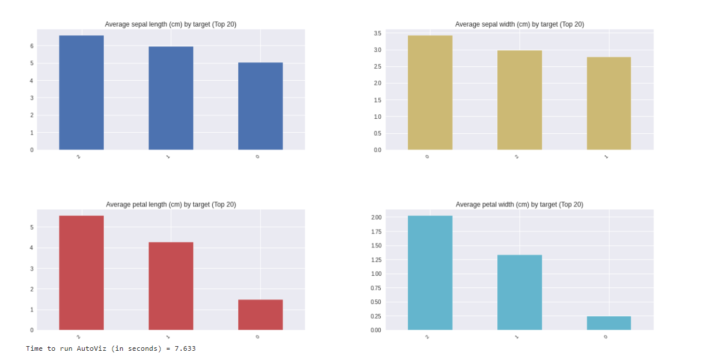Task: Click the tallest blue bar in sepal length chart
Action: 81,92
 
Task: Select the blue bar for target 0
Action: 260,106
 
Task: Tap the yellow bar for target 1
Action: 609,103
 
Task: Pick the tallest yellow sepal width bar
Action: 430,92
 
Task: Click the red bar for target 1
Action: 171,286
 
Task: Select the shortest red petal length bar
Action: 260,315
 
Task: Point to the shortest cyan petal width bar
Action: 609,323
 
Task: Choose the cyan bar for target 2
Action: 430,273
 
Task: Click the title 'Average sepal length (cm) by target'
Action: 170,24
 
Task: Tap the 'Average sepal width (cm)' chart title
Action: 519,24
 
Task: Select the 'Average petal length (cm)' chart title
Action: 171,205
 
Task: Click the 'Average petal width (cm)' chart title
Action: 519,205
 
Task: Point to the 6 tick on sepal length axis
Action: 32,46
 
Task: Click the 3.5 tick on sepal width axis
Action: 377,33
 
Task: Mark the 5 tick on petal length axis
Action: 32,227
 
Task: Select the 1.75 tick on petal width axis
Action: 376,231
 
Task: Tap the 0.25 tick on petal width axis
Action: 376,316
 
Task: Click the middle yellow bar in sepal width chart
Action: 519,100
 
